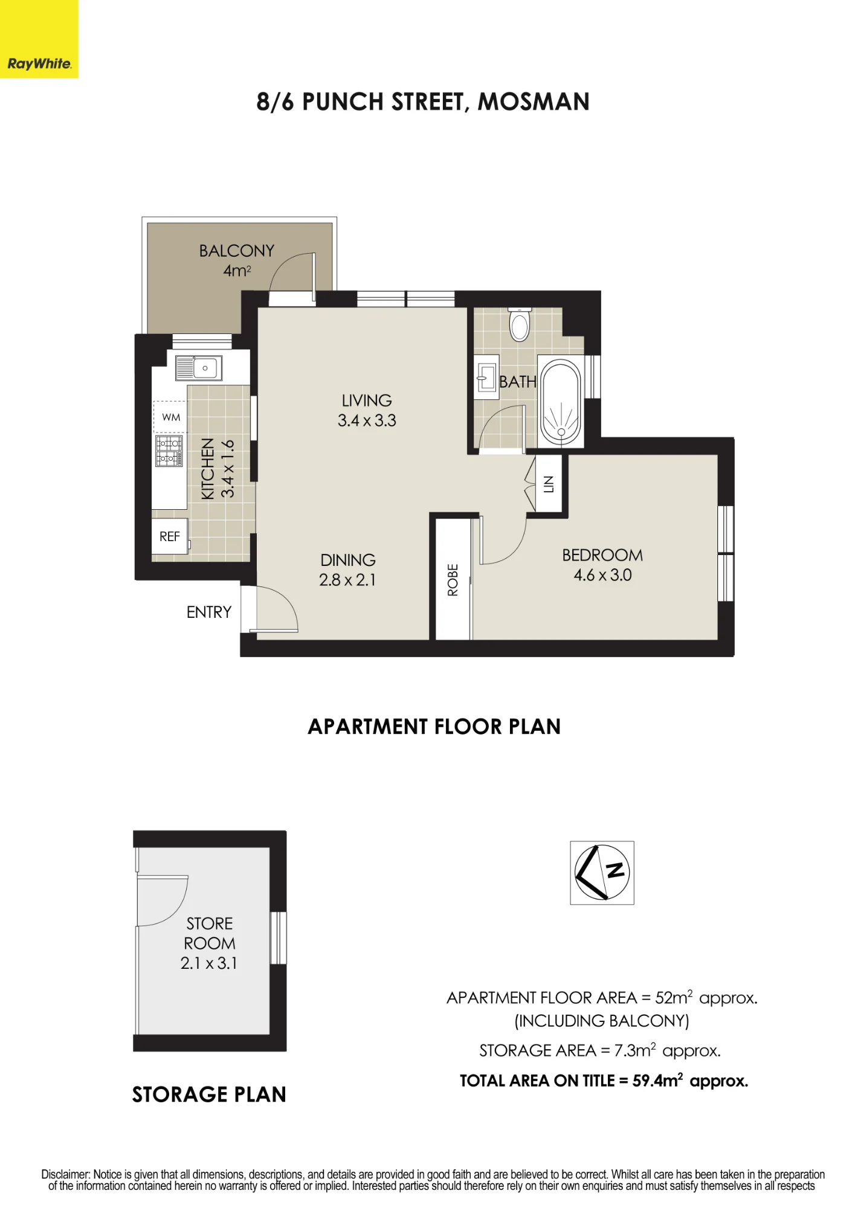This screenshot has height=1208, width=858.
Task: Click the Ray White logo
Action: pyautogui.click(x=39, y=39)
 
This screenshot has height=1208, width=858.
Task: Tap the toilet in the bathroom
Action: pyautogui.click(x=520, y=324)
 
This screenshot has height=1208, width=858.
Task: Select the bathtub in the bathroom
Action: pyautogui.click(x=561, y=402)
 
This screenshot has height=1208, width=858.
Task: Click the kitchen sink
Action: pyautogui.click(x=199, y=368)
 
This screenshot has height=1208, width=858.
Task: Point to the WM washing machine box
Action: pyautogui.click(x=170, y=417)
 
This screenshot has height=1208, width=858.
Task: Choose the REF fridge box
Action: pyautogui.click(x=170, y=536)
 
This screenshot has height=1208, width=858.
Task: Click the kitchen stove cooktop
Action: pyautogui.click(x=169, y=451)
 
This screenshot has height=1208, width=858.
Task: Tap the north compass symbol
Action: pyautogui.click(x=602, y=873)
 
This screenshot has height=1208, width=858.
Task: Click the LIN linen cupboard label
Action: pyautogui.click(x=549, y=484)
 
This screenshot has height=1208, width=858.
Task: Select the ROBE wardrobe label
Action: pyautogui.click(x=453, y=580)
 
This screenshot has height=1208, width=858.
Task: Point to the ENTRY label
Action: pyautogui.click(x=209, y=612)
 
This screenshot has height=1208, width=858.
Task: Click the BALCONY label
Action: pyautogui.click(x=237, y=251)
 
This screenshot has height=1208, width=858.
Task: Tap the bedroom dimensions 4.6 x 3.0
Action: pyautogui.click(x=603, y=575)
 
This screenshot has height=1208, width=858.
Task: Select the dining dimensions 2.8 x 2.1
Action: pyautogui.click(x=347, y=580)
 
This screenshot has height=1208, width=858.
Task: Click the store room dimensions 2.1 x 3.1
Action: pyautogui.click(x=209, y=963)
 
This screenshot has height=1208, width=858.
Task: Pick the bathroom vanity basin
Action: pyautogui.click(x=486, y=377)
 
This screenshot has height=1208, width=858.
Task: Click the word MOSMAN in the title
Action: pyautogui.click(x=534, y=102)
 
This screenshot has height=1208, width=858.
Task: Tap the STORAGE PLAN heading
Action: pyautogui.click(x=209, y=1094)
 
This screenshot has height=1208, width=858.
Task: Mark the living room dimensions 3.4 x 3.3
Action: pyautogui.click(x=367, y=420)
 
